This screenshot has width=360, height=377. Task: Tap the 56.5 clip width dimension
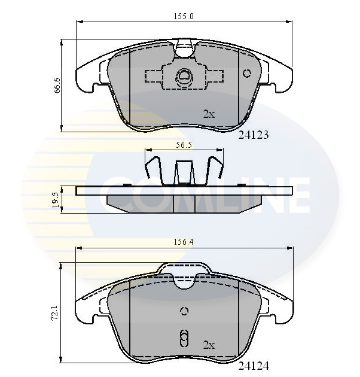[184, 144]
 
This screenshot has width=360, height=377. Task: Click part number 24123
[254, 135]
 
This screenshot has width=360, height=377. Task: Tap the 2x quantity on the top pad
[209, 114]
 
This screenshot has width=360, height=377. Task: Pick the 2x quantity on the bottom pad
[209, 345]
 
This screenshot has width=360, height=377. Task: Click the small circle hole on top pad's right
[247, 73]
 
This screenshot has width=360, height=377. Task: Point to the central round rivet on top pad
[184, 76]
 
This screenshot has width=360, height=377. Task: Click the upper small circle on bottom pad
[184, 311]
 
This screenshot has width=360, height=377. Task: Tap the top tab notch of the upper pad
[185, 47]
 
